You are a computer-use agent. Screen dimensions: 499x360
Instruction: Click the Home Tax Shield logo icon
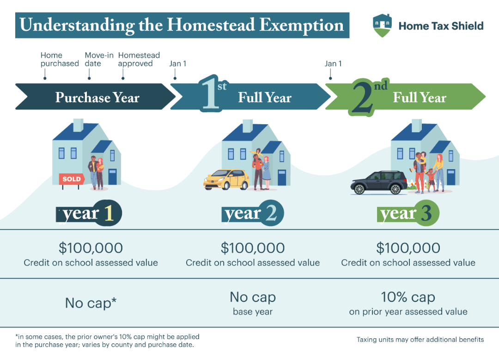[x=382, y=25]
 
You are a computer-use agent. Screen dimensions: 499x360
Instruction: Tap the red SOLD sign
[x=72, y=179]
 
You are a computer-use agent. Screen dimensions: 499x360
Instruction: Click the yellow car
[x=226, y=179]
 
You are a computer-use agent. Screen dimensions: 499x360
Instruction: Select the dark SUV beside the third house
[x=379, y=183]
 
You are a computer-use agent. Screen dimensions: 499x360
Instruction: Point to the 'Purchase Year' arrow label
[x=97, y=97]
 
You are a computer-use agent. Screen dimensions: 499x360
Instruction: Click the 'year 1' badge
[x=89, y=213]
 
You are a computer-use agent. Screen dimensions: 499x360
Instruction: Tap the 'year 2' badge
[x=252, y=213]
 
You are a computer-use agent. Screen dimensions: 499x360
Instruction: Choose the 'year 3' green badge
[x=408, y=213]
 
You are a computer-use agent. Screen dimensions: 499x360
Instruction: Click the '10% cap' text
[x=408, y=297]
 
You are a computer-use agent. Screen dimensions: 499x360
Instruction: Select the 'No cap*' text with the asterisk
[x=91, y=303]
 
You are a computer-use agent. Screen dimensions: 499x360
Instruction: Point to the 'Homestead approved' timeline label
[x=139, y=59]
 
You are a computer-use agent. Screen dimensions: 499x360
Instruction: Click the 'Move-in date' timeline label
[x=99, y=59]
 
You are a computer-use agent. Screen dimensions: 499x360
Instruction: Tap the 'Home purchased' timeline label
[x=60, y=59]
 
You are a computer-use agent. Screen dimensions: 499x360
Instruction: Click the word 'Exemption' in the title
[x=302, y=25]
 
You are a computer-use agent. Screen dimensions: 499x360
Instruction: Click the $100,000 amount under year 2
[x=253, y=248]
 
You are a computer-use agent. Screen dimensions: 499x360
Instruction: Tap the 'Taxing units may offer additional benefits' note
[x=420, y=340]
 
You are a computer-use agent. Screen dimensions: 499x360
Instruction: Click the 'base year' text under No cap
[x=253, y=311]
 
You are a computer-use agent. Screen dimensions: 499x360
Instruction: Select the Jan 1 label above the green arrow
[x=333, y=64]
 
